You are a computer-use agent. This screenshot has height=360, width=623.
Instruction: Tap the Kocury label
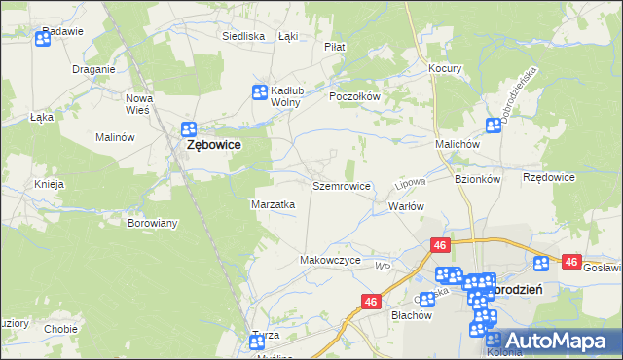coord(445,69)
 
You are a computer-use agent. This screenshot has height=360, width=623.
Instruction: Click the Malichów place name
coord(458,144)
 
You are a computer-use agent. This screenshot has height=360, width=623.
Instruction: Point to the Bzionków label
coord(477,179)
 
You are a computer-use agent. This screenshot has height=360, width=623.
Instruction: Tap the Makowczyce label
coord(331,261)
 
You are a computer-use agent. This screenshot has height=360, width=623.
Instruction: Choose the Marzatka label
coord(274,205)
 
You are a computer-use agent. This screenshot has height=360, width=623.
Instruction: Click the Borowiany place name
coord(153,223)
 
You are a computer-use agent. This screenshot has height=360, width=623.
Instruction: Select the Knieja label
coord(49,184)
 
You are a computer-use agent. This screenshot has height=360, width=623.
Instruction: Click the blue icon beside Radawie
coord(43,40)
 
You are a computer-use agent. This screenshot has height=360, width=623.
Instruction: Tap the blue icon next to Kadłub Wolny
coord(260,93)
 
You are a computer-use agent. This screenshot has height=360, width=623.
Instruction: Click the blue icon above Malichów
coord(493,126)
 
